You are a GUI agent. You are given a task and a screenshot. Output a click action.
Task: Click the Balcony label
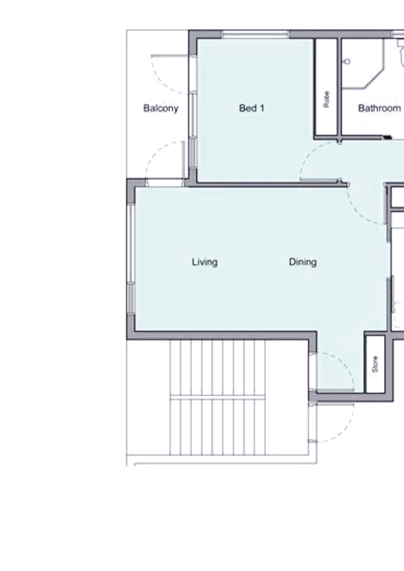pos(160,108)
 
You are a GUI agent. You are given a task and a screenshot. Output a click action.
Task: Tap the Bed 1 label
pos(251,108)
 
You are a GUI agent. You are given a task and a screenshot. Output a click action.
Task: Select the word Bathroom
pos(379,108)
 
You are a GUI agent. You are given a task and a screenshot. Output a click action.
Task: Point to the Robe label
pos(326,100)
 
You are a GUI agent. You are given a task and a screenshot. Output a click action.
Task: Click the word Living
pos(205,262)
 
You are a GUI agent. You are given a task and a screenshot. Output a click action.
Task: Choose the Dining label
pos(303,262)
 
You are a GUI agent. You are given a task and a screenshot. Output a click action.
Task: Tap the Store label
pos(375,364)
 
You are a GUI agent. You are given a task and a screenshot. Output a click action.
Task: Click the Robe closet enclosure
pos(327,87)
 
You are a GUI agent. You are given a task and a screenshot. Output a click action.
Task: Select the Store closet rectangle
pos(374,364)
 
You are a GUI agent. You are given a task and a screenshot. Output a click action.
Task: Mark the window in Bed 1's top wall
pos(255,34)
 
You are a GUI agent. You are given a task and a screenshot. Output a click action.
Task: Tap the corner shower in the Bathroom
pos(363,64)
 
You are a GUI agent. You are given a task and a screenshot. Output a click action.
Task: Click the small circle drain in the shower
pos(347,61)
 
